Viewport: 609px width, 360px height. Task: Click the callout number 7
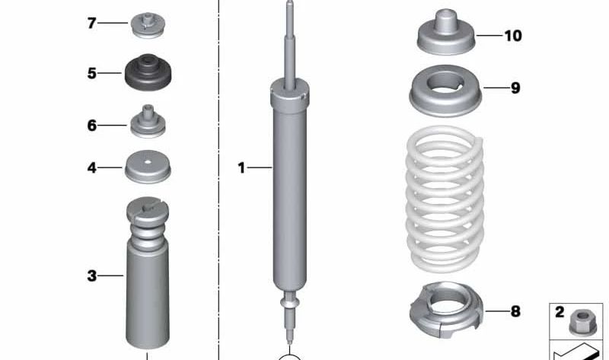(x=91, y=24)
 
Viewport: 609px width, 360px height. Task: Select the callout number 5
(x=91, y=74)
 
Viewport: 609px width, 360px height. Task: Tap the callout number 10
(x=513, y=36)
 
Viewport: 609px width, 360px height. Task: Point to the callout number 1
(x=241, y=167)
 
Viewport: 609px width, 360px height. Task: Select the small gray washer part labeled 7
(x=148, y=24)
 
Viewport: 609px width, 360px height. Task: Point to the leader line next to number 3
(x=111, y=276)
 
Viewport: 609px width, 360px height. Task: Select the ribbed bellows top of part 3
(x=148, y=221)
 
